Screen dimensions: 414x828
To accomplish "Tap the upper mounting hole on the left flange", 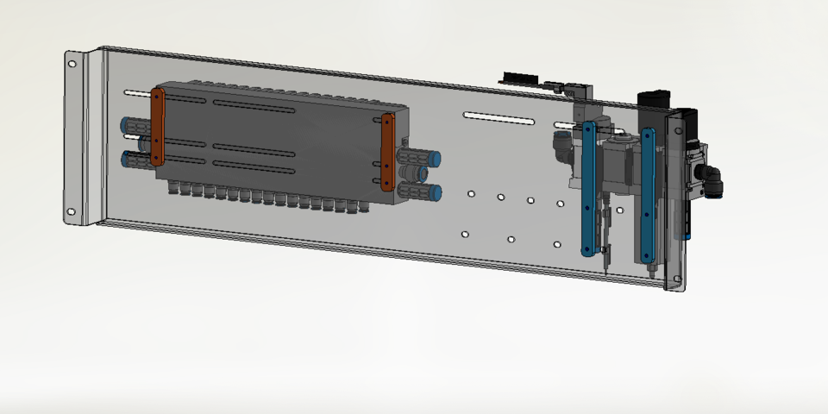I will (x=72, y=64).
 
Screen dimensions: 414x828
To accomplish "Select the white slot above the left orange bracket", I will (x=138, y=92).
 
